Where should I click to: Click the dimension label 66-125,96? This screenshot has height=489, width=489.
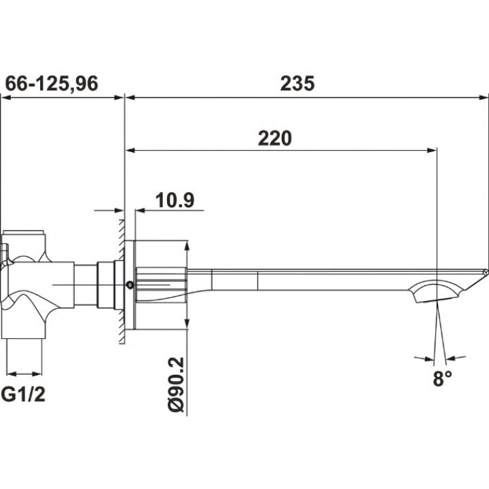coord(52,84)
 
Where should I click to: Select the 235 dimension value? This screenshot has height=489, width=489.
coord(297,84)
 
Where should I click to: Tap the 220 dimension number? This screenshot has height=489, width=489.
coord(275,138)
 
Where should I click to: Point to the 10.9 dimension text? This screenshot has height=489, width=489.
coord(175,200)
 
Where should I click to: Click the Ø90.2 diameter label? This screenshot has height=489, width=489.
coord(177,386)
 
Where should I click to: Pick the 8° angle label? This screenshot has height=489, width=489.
coord(442,378)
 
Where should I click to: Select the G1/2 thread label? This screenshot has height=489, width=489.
coord(23,395)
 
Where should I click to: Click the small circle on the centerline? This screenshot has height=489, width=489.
coord(130,285)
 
